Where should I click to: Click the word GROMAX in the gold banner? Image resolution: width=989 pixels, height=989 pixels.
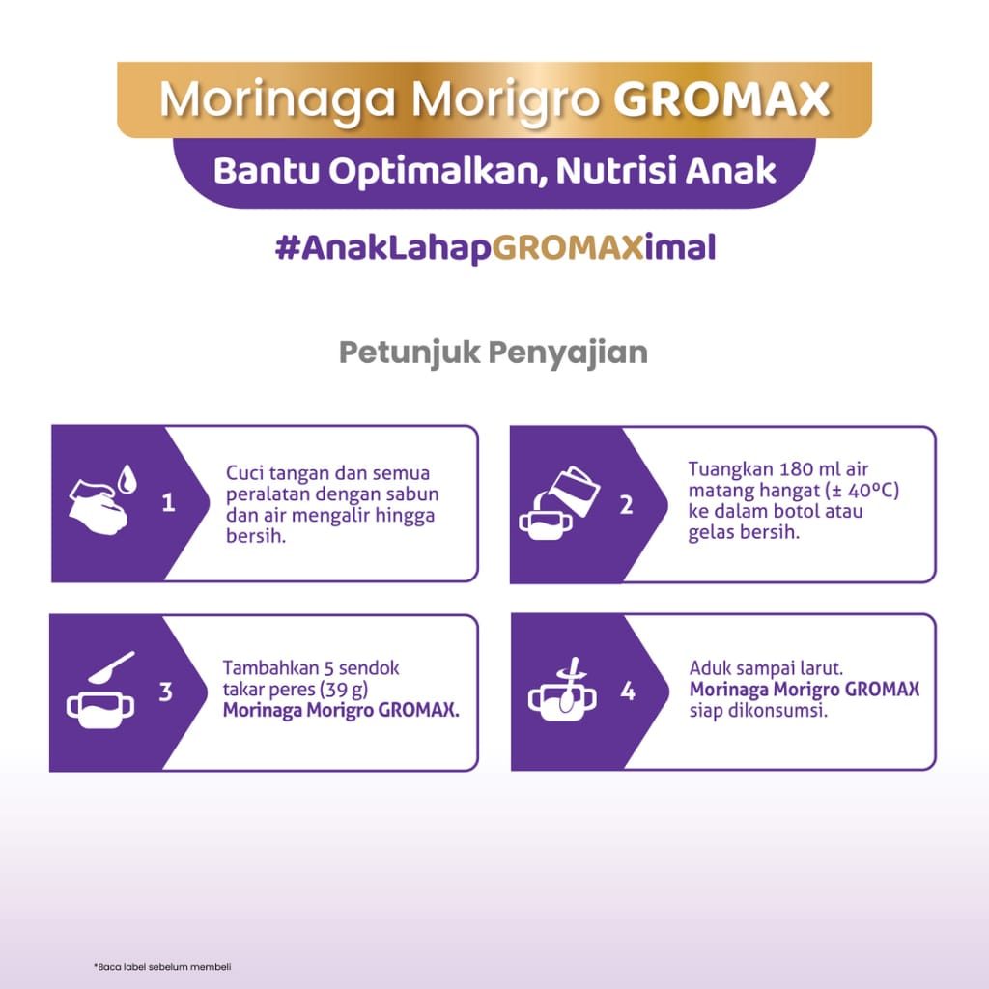[x=721, y=99]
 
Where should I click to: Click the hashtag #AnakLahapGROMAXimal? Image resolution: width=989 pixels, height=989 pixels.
[x=495, y=247]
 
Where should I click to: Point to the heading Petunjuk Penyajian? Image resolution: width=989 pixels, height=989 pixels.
[x=494, y=353]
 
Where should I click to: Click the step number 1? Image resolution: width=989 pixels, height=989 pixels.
[x=168, y=502]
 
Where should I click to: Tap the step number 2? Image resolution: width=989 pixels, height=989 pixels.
[x=626, y=504]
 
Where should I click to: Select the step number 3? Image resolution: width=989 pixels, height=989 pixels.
[x=166, y=692]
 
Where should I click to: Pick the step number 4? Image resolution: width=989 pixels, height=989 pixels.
[x=628, y=692]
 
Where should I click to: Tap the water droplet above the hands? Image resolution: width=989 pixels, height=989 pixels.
[x=127, y=478]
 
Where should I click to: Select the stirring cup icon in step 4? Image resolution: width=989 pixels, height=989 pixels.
[x=563, y=693]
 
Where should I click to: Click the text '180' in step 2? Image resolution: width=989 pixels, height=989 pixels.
[x=796, y=469]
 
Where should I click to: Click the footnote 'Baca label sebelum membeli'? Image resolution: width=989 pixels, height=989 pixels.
[x=162, y=966]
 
